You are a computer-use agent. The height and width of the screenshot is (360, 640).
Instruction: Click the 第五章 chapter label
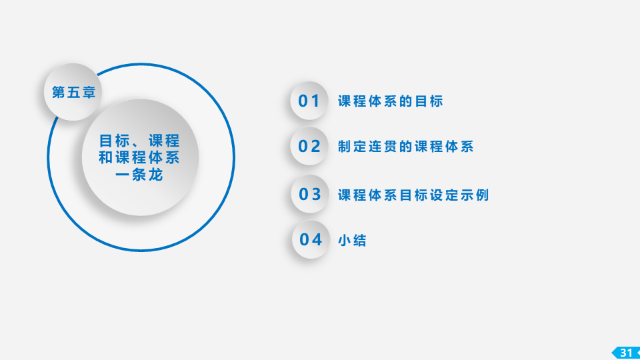(74, 92)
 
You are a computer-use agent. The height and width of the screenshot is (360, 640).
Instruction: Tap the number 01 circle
(309, 101)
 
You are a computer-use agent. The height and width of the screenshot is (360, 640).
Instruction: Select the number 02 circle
(309, 146)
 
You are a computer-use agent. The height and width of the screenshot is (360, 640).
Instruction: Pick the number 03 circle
(310, 194)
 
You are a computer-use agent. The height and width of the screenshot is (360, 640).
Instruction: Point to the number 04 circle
(311, 239)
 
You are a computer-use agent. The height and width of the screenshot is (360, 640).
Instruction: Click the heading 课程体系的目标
(391, 101)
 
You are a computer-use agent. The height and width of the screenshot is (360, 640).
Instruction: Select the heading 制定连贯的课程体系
(406, 147)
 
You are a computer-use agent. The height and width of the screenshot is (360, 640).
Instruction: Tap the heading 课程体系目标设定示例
(413, 195)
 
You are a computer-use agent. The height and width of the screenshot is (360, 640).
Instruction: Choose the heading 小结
(352, 241)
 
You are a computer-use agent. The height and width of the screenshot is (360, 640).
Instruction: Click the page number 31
(627, 353)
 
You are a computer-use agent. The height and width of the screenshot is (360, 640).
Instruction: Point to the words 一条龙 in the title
(139, 175)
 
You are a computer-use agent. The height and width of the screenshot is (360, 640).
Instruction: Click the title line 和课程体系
(139, 157)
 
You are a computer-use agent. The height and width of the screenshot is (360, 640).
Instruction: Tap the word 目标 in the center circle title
(115, 141)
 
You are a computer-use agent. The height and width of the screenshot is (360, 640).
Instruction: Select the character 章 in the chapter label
(89, 92)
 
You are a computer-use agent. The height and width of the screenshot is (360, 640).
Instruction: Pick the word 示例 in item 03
(475, 195)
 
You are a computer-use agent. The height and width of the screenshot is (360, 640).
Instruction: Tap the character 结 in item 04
(359, 241)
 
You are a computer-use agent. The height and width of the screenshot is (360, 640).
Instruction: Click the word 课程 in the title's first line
(164, 141)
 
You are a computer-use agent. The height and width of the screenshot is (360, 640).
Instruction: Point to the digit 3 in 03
(316, 194)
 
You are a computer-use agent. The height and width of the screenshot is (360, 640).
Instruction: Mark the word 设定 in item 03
(444, 195)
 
